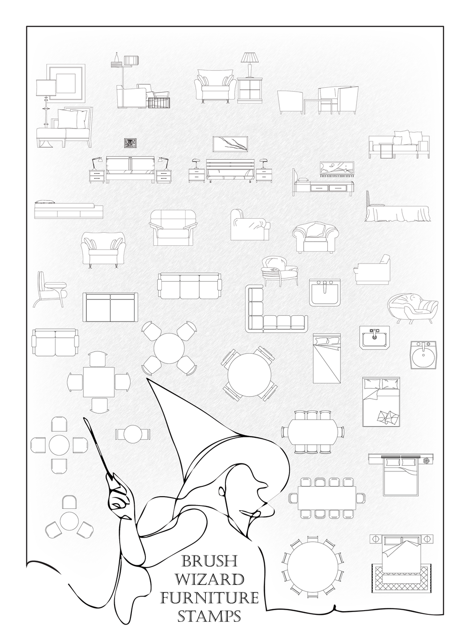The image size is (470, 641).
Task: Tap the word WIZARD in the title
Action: click(210, 580)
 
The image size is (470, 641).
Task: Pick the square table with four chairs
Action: click(99, 382)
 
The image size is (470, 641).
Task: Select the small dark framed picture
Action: click(130, 143)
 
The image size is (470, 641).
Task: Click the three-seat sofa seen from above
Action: click(189, 285)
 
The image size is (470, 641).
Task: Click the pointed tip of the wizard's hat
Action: click(147, 378)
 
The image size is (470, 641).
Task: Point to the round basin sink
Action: click(424, 355)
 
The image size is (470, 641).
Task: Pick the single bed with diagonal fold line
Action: click(327, 358)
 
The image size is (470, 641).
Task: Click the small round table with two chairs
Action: click(133, 434)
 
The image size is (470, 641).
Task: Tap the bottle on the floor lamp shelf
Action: click(116, 58)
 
